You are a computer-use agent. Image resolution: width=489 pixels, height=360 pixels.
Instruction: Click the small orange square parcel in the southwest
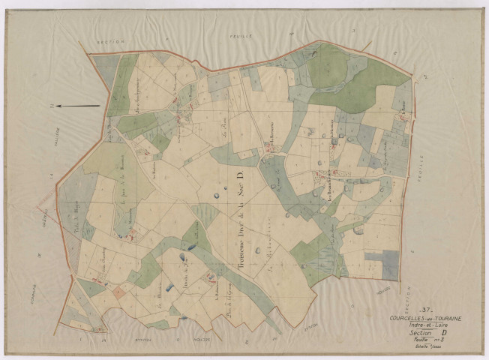pyautogui.click(x=118, y=292)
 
